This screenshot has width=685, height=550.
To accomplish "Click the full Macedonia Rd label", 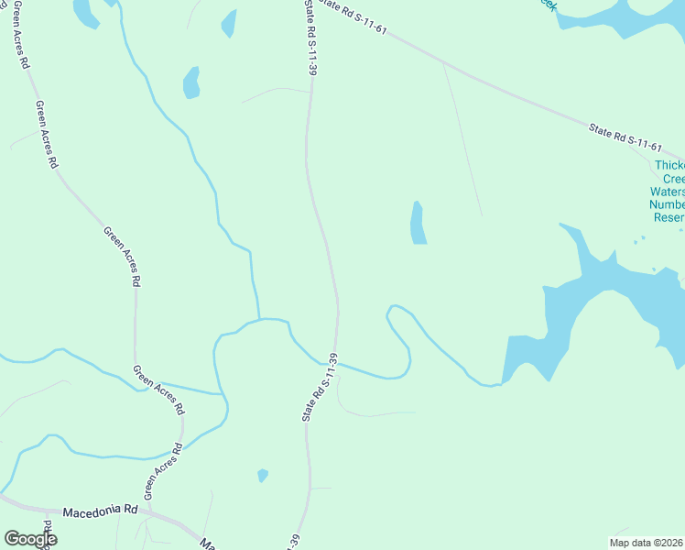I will pos(100,510).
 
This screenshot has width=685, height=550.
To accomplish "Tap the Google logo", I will pos(30,539).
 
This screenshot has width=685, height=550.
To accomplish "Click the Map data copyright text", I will pos(647,542).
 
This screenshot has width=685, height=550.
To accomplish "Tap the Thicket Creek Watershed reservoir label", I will pos(669,192).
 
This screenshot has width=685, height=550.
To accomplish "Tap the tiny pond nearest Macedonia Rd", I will pos(263,475).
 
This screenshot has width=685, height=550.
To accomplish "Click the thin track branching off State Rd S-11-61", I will pos(462,137).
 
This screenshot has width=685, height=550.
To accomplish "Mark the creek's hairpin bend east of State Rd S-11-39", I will pos(393,313).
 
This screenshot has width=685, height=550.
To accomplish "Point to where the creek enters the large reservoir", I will pos(503,381).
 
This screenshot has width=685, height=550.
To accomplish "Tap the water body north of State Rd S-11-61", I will pos(614,16).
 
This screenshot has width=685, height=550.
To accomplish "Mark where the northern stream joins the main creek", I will pos(259,319).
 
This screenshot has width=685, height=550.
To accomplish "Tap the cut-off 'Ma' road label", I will pos(208,544).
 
